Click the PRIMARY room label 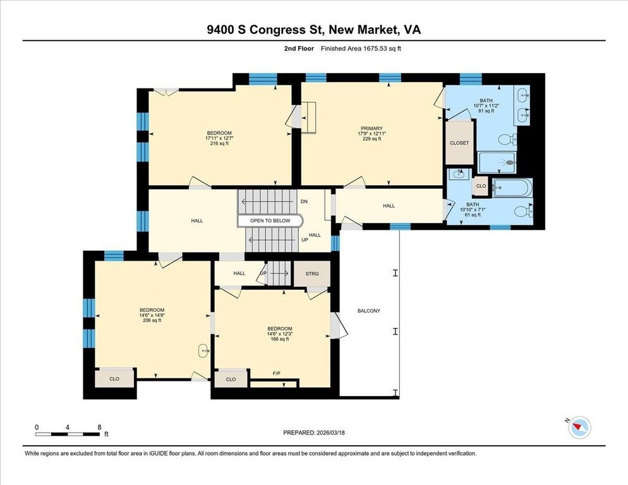coord(371,129)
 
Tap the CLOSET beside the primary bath coord(459,143)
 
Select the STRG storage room coord(312,273)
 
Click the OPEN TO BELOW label coord(270,220)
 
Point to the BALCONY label coord(369,311)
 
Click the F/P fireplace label coord(276,373)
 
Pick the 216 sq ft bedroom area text coord(219,143)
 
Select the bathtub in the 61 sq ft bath coord(512,188)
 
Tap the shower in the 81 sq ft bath coord(497,162)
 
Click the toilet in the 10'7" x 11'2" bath coord(507,140)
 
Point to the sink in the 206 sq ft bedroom coord(204,351)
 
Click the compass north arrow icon coord(579,427)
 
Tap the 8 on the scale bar coord(99,428)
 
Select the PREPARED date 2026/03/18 coord(330,433)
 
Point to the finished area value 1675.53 coord(373,49)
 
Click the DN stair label coord(305,201)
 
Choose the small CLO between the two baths coord(481,186)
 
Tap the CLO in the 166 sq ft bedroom coord(231,379)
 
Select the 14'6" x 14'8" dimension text coord(152,315)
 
